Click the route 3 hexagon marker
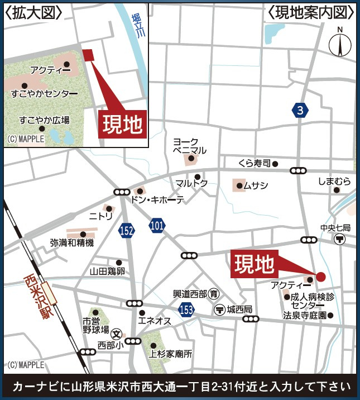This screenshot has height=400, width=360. point(300,110)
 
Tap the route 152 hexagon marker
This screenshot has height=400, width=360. point(127,230)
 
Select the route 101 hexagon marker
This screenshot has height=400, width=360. point(157,226)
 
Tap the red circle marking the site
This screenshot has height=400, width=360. point(321,276)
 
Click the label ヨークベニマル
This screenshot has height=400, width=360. point(190,146)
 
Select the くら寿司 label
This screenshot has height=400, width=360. point(254,164)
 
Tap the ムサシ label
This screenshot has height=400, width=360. point(256,185)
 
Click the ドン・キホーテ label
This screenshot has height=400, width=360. point(157,200)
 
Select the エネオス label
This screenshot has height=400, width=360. point(155,321)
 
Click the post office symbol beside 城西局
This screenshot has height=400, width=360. point(219,309)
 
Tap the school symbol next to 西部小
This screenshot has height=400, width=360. point(117,334)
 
